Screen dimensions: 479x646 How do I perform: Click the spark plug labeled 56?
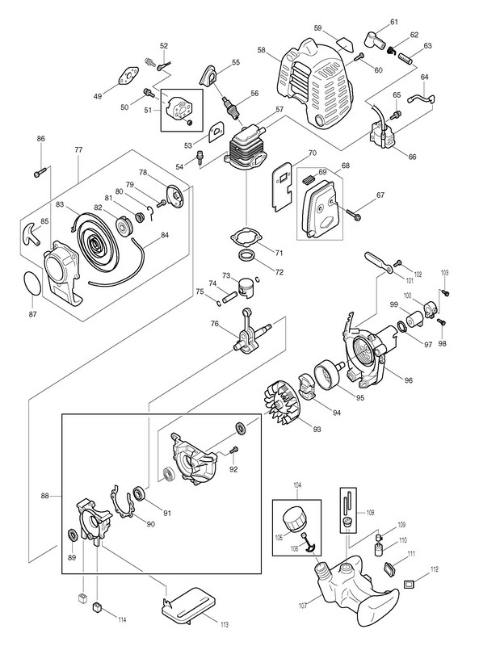point(231,107)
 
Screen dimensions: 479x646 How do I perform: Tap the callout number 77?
point(78,150)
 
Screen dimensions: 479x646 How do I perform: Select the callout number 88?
point(45,496)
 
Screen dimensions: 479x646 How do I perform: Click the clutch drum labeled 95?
point(329,373)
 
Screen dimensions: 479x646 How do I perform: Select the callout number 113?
point(225,625)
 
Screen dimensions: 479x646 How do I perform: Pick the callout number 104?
point(296,486)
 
